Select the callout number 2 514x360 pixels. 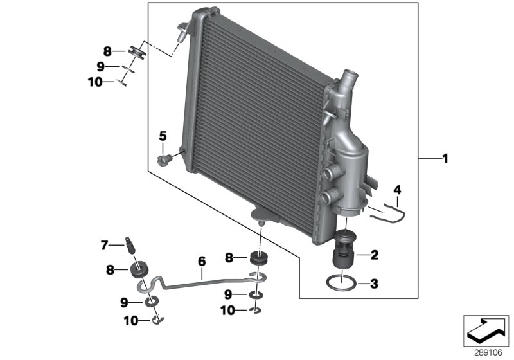pos(375,255)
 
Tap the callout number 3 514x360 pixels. pos(375,283)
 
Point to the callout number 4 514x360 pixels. pos(397,190)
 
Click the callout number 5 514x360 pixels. pos(163,136)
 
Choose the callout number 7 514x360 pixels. pos(104,244)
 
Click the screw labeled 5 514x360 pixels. pos(164,157)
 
